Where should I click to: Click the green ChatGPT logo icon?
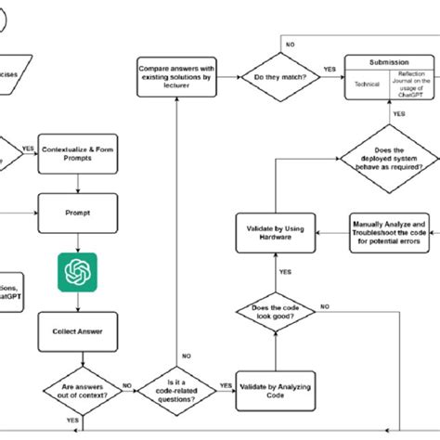coord(78,272)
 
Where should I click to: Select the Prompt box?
coord(78,212)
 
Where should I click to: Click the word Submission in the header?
coord(388,62)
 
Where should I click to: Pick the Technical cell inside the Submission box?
coord(367,82)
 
